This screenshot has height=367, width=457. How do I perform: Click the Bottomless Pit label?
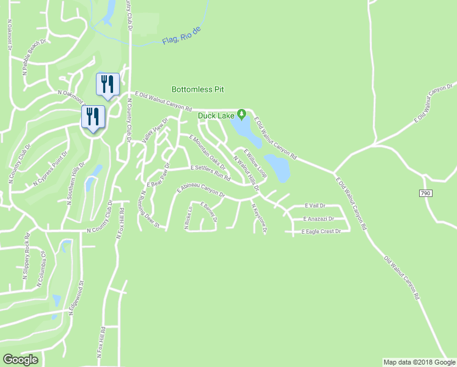point(189,89)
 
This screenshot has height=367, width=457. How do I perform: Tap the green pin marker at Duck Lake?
point(242,114)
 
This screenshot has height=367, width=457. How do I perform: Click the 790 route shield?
point(426,193)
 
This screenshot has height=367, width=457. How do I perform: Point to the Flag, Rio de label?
point(181,35)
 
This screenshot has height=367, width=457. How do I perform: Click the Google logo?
point(20,359)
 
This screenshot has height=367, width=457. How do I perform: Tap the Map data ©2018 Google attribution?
point(419,362)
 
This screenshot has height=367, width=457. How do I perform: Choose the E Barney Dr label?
point(209,212)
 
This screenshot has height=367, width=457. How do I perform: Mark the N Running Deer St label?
point(150,209)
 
